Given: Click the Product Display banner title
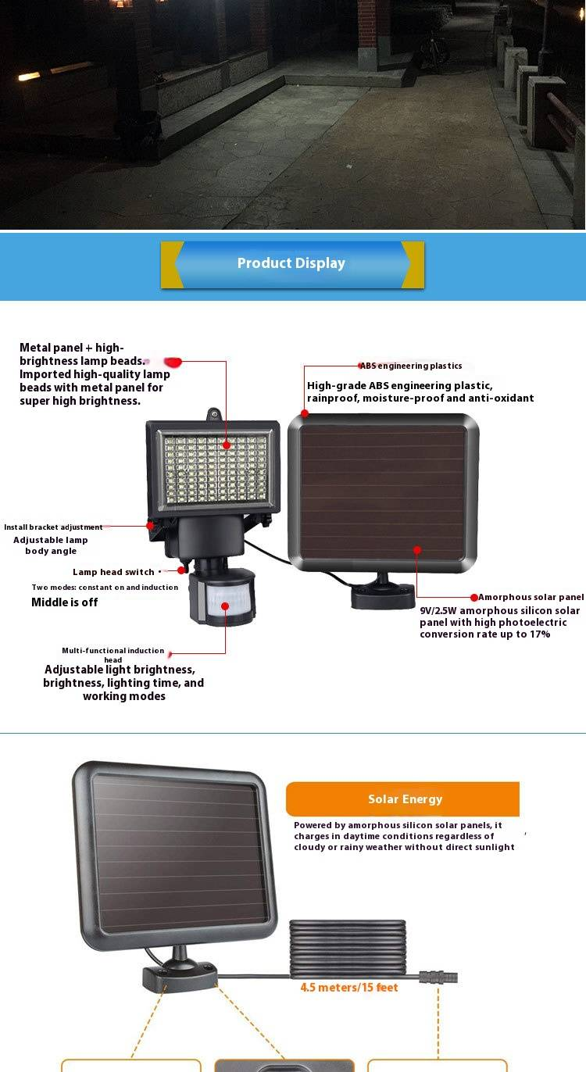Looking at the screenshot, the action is pos(291,263).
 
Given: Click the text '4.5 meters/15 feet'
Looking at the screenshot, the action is pos(349,988).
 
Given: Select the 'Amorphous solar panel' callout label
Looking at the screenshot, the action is pos(531,597).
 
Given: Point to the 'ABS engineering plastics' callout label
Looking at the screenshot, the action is pos(411,366).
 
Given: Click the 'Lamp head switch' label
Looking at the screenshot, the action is pos(113,572).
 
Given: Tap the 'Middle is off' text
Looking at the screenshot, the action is pos(65,602).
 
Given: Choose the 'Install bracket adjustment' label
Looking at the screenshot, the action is pos(53,527).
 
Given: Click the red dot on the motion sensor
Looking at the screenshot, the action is pos(225,606).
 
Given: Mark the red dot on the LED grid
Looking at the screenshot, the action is pos(227,445).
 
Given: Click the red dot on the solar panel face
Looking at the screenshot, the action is pos(417,550).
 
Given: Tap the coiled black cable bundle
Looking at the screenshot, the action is pos(348,947).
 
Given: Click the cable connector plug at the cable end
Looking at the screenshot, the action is pos(438,977).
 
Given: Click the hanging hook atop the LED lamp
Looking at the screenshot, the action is pos(213,414).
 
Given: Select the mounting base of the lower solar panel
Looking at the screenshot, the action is pos(180,977).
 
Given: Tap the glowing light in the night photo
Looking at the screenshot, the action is pos(29,77).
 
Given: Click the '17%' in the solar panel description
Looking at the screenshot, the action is pos(540,634).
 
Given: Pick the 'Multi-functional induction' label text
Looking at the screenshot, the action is pos(113,650).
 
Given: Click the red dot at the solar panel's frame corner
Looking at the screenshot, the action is pos(305,413).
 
